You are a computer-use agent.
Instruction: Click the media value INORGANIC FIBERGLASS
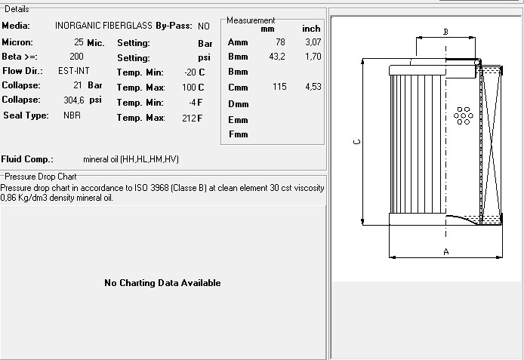pos(103,26)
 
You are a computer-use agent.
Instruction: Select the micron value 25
pos(79,42)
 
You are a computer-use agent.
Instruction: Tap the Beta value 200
pos(76,57)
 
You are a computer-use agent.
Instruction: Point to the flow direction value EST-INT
pos(74,71)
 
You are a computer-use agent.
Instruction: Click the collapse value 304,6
pos(74,100)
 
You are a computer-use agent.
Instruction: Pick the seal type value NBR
pos(72,115)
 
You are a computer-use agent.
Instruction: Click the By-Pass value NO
pos(204,26)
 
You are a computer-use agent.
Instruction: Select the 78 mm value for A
pos(280,42)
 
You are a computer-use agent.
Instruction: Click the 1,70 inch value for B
pos(313,57)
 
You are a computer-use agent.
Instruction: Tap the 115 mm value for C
pos(279,87)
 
